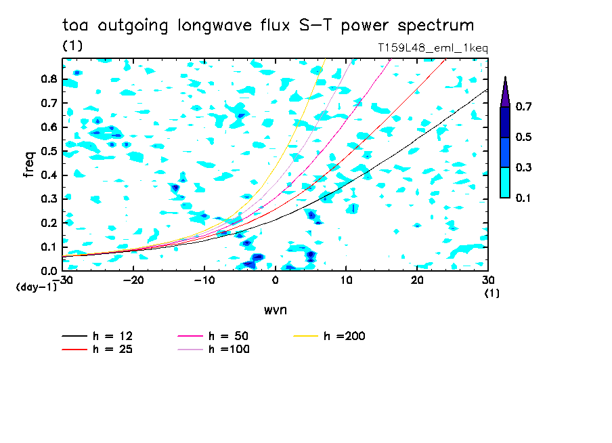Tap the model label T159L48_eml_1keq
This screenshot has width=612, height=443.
point(433,49)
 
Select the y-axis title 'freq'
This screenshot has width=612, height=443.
point(29,164)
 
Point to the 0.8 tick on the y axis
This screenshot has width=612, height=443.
point(48,79)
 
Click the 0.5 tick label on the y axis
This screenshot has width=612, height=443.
point(48,151)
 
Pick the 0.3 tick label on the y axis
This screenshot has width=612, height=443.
point(48,199)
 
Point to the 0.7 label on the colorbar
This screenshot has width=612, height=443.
point(523,107)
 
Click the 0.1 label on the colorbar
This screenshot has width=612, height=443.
point(523,198)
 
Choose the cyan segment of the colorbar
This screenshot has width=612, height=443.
point(505,182)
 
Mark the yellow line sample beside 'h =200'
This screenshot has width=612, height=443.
point(307,336)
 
